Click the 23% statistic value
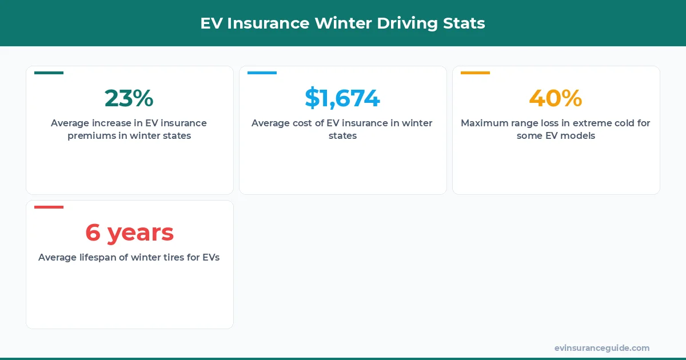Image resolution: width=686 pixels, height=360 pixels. pos(129,98)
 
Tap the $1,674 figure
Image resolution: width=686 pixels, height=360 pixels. pos(342,98)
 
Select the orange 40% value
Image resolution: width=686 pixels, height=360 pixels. pos(556,98)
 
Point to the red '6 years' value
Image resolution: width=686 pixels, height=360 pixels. pos(129,233)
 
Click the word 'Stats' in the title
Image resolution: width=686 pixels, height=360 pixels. pos(464,23)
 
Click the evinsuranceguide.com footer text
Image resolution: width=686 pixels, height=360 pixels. pos(602,348)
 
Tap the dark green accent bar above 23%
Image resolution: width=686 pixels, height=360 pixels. pos(49,73)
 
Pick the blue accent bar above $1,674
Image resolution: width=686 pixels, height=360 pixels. pos(262,73)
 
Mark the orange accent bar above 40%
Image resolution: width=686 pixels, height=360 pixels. pos(475,73)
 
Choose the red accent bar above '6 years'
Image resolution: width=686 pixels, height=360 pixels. pos(49,207)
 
